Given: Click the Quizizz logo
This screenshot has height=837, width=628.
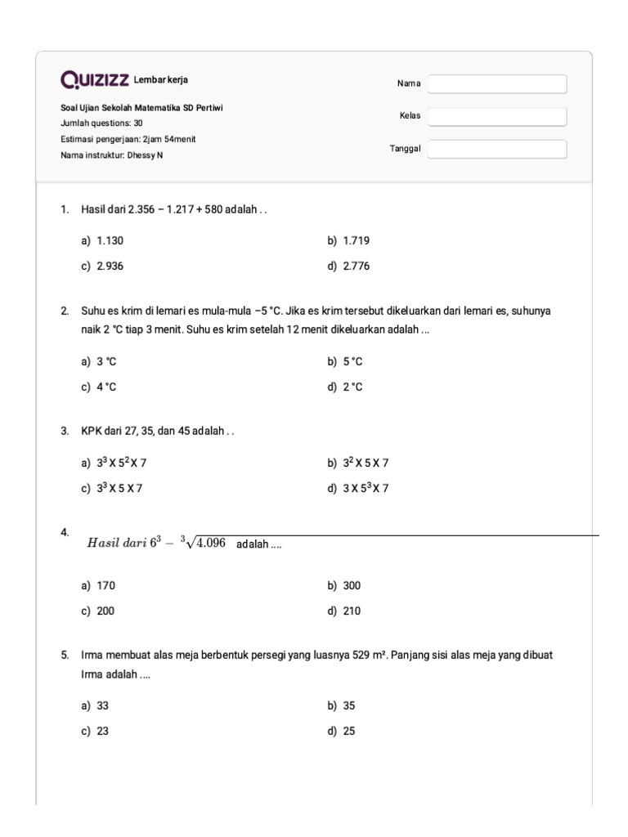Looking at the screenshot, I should pyautogui.click(x=95, y=80).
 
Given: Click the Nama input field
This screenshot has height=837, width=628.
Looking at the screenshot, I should pyautogui.click(x=497, y=84).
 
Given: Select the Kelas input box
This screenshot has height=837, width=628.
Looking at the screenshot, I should pyautogui.click(x=497, y=116).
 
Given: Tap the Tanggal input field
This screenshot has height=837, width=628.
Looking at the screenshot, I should pyautogui.click(x=497, y=149).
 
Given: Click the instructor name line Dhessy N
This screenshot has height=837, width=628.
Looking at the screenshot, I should pyautogui.click(x=112, y=154).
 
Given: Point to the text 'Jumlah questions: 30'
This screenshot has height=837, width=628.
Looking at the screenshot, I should pyautogui.click(x=102, y=123).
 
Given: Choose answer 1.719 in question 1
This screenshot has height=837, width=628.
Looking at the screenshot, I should pyautogui.click(x=357, y=241).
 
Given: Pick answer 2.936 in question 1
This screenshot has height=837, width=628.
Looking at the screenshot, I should pyautogui.click(x=110, y=266).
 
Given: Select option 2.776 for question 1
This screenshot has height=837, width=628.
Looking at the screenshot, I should pyautogui.click(x=357, y=266).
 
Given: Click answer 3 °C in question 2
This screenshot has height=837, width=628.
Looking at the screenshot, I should pyautogui.click(x=106, y=361).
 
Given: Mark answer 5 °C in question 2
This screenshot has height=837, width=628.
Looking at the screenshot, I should pyautogui.click(x=352, y=361).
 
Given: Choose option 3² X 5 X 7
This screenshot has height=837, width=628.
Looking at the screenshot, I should pyautogui.click(x=366, y=463).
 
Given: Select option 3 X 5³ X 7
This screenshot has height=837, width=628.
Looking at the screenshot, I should pyautogui.click(x=366, y=489).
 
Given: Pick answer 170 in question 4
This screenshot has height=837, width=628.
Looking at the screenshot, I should pyautogui.click(x=105, y=585).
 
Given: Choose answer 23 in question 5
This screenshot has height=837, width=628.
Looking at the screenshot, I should pyautogui.click(x=103, y=732).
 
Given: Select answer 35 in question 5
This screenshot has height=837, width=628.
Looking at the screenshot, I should pyautogui.click(x=349, y=705).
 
